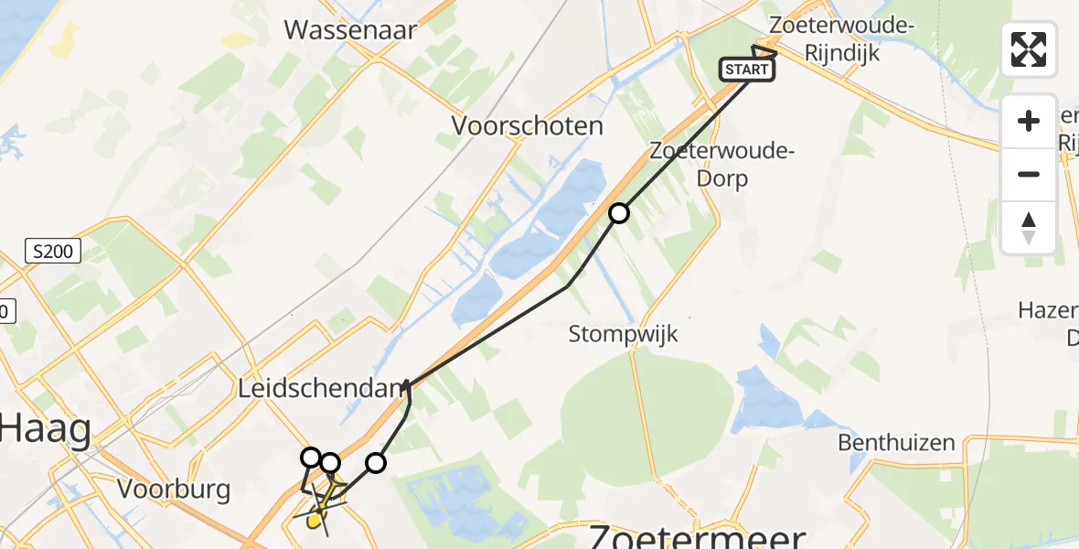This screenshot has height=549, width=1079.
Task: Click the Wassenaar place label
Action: pyautogui.click(x=350, y=30)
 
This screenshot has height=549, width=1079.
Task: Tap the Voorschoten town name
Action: pyautogui.click(x=528, y=126)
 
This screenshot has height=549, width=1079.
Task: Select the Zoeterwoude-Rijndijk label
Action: pyautogui.click(x=841, y=39)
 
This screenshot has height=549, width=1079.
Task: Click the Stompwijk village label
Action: pyautogui.click(x=624, y=334)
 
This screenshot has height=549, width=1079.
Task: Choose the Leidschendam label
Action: pyautogui.click(x=321, y=389)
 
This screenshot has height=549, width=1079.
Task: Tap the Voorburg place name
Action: pyautogui.click(x=174, y=490)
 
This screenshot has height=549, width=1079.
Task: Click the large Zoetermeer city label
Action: pyautogui.click(x=697, y=535)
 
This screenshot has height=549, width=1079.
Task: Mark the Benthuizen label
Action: pyautogui.click(x=897, y=444)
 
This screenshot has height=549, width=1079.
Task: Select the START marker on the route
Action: pyautogui.click(x=747, y=70)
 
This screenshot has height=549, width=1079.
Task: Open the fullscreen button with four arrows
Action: pyautogui.click(x=1029, y=49)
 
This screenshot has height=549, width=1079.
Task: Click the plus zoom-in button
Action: pyautogui.click(x=1029, y=121)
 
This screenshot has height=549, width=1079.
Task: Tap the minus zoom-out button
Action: pyautogui.click(x=1029, y=174)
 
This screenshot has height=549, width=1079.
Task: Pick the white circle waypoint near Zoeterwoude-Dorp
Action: pyautogui.click(x=619, y=213)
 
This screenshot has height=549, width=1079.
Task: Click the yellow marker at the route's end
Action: pyautogui.click(x=315, y=522)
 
